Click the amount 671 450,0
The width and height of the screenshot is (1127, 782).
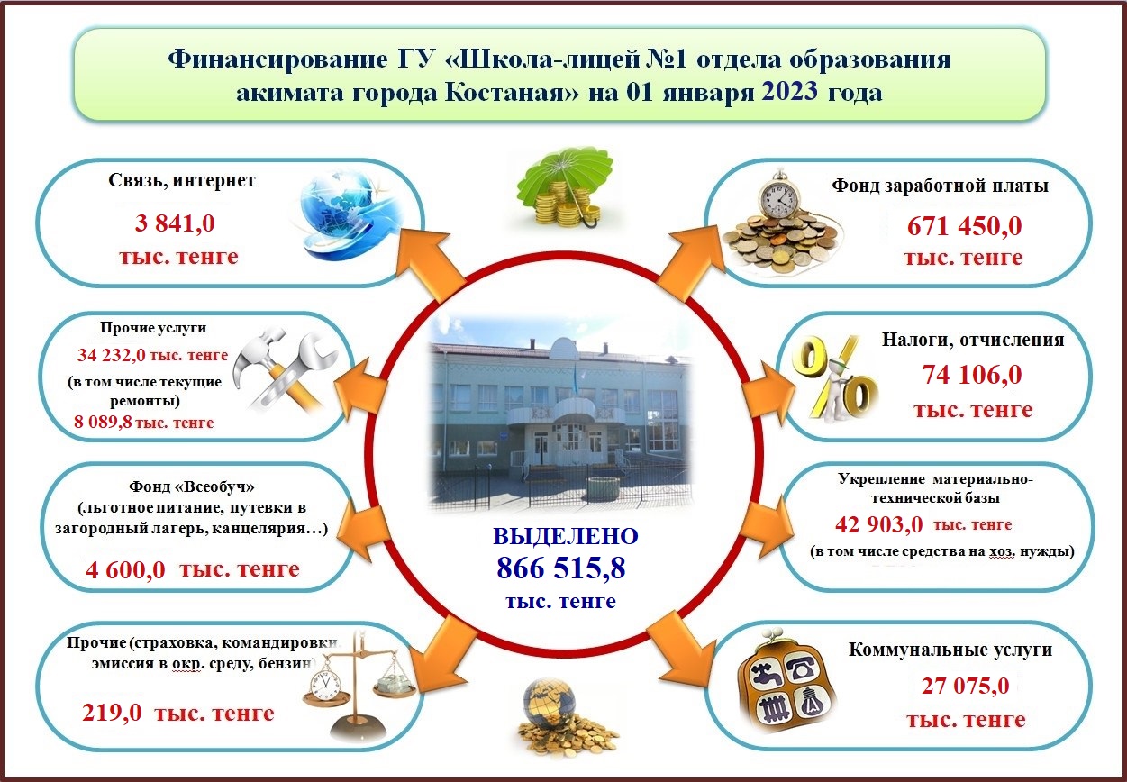(x=965, y=226)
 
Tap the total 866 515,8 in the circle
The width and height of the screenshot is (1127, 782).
(x=561, y=568)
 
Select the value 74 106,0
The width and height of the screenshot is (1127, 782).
(x=971, y=375)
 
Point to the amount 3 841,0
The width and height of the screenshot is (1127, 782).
(x=175, y=223)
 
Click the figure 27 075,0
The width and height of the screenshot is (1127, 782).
(x=965, y=686)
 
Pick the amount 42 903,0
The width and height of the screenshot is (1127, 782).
(x=878, y=525)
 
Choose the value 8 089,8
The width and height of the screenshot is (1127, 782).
(x=103, y=422)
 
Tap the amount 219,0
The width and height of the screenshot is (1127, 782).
(x=112, y=713)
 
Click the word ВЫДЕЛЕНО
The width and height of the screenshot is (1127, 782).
(x=566, y=536)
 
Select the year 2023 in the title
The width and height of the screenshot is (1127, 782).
(x=789, y=92)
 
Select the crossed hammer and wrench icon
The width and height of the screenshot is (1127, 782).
(x=285, y=370)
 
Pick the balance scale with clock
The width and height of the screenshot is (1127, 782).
(x=359, y=688)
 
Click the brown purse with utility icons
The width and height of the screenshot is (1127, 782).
(x=784, y=683)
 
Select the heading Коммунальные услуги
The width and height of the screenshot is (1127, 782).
(x=950, y=650)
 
